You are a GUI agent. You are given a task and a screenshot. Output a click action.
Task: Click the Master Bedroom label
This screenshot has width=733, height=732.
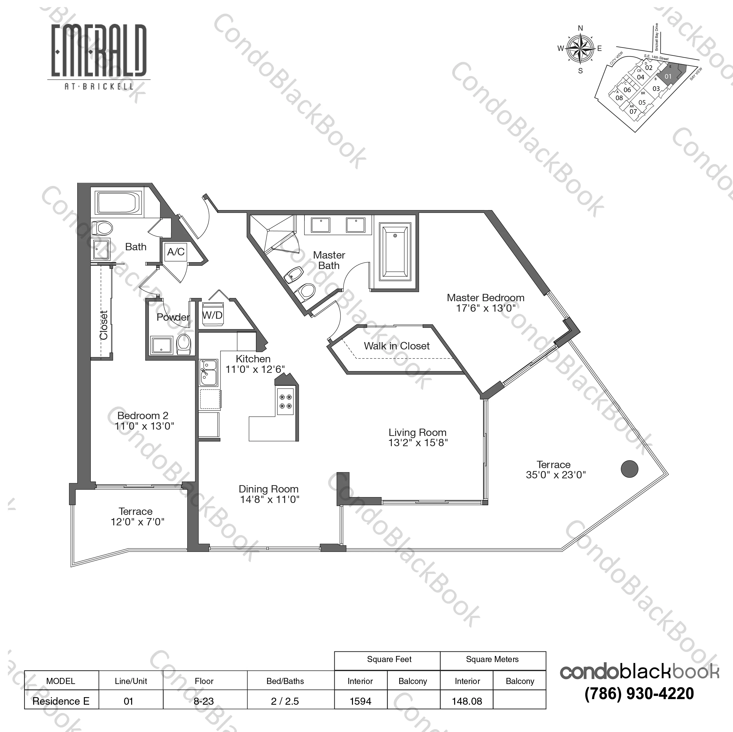[485, 298]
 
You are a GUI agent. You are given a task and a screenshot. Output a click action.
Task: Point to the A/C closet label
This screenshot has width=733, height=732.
[176, 252]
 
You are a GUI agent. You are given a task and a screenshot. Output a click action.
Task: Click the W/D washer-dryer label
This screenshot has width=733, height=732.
[213, 315]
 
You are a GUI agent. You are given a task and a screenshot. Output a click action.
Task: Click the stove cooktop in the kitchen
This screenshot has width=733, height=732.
[285, 402]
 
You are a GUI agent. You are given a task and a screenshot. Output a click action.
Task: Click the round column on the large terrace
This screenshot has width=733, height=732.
[629, 469]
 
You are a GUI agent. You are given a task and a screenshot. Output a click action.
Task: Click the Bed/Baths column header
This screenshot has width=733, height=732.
[285, 681]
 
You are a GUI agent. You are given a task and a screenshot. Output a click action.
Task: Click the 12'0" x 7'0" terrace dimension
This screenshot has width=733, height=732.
[137, 522]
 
